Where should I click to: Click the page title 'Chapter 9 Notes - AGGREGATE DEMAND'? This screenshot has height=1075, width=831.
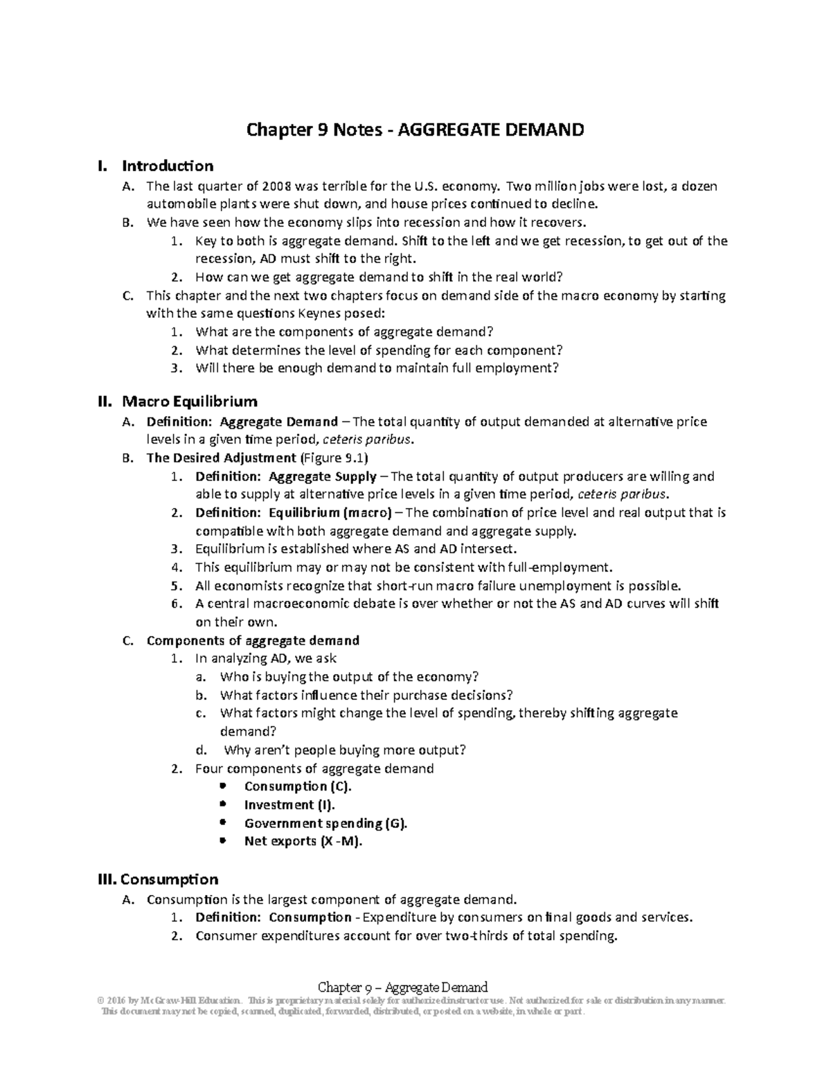415,129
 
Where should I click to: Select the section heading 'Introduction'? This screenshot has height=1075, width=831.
168,166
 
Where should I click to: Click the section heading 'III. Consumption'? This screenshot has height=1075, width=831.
159,879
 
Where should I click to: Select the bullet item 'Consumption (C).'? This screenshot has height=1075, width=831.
298,786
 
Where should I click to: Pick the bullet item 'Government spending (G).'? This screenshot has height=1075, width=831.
325,823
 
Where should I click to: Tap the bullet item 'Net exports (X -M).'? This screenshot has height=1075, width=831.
303,841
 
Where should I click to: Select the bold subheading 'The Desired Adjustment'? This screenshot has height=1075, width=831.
221,458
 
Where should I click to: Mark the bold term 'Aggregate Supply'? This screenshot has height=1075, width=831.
323,476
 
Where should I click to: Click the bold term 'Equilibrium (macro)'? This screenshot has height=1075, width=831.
330,513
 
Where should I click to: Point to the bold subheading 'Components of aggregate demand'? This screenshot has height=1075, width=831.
253,640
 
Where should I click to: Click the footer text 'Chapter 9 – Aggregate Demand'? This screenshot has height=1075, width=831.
402,987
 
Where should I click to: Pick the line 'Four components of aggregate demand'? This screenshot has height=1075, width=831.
314,768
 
